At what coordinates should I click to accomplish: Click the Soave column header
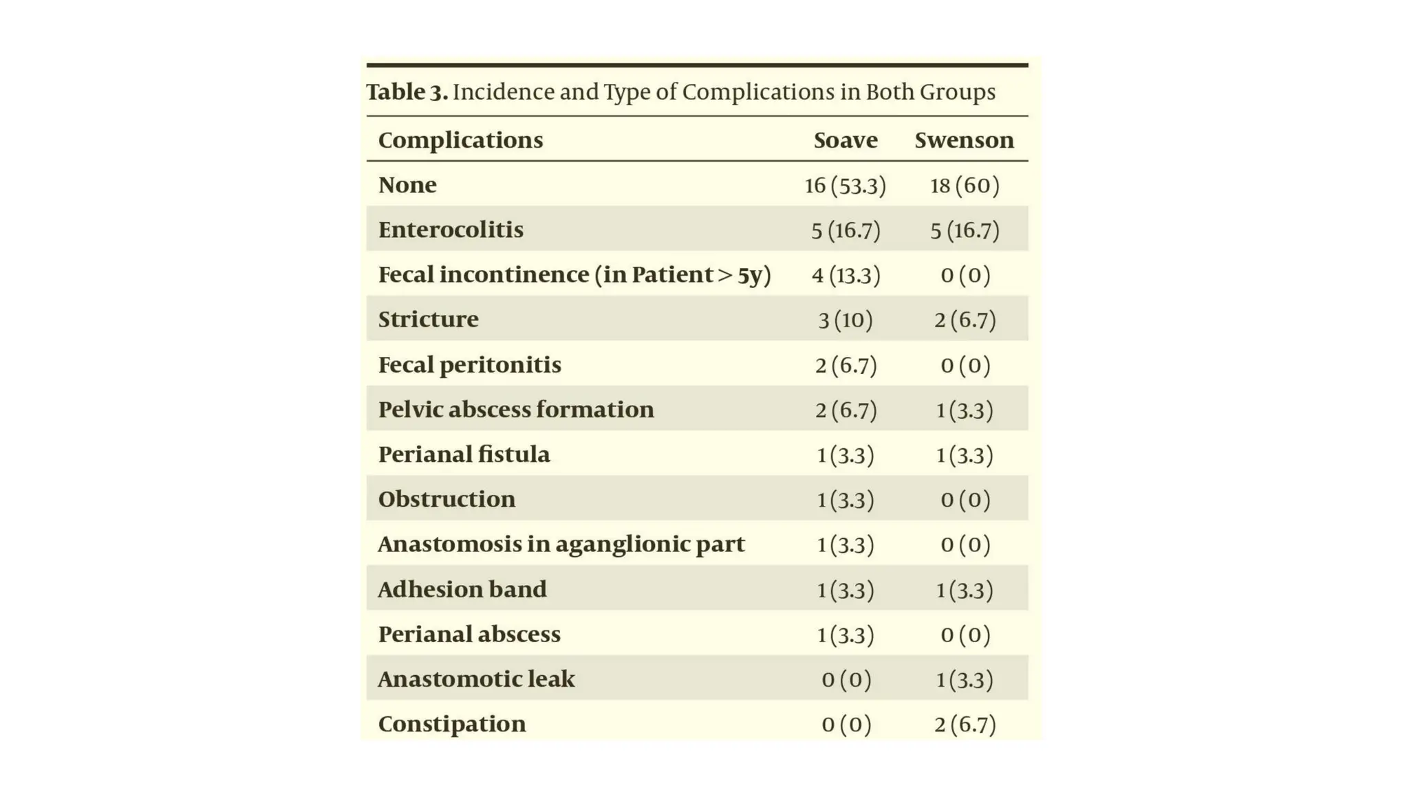pyautogui.click(x=846, y=140)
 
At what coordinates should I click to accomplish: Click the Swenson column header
pyautogui.click(x=964, y=140)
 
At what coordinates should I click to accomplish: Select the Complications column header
pyautogui.click(x=460, y=140)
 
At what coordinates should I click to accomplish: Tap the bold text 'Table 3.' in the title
pyautogui.click(x=407, y=92)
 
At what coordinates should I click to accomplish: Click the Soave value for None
pyautogui.click(x=846, y=186)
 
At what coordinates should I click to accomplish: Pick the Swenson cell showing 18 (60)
pyautogui.click(x=965, y=186)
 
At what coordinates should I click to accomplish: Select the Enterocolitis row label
pyautogui.click(x=451, y=230)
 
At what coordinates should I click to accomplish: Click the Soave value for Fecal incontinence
pyautogui.click(x=846, y=275)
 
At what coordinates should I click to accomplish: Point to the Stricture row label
pyautogui.click(x=428, y=320)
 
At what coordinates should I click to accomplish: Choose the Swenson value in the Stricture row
pyautogui.click(x=965, y=320)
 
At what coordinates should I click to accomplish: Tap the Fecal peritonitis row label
pyautogui.click(x=469, y=365)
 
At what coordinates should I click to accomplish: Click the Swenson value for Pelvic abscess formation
pyautogui.click(x=965, y=410)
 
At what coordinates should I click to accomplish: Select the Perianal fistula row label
pyautogui.click(x=464, y=454)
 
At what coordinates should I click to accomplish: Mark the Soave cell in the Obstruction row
pyautogui.click(x=846, y=500)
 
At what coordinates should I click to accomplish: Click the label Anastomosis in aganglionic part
pyautogui.click(x=561, y=544)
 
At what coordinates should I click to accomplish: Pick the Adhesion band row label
pyautogui.click(x=462, y=590)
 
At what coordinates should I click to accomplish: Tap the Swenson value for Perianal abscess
pyautogui.click(x=965, y=635)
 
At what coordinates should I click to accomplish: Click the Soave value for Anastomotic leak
pyautogui.click(x=846, y=680)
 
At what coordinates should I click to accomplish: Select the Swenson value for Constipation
pyautogui.click(x=965, y=725)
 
